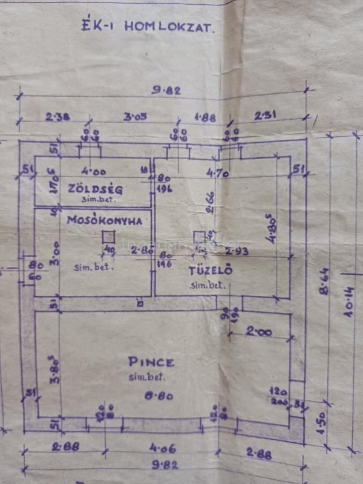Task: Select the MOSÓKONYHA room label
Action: tap(105, 221)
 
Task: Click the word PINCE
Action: tap(151, 362)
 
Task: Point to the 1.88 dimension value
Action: tap(204, 118)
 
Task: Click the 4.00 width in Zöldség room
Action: tap(94, 172)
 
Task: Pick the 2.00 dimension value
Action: tap(259, 332)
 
